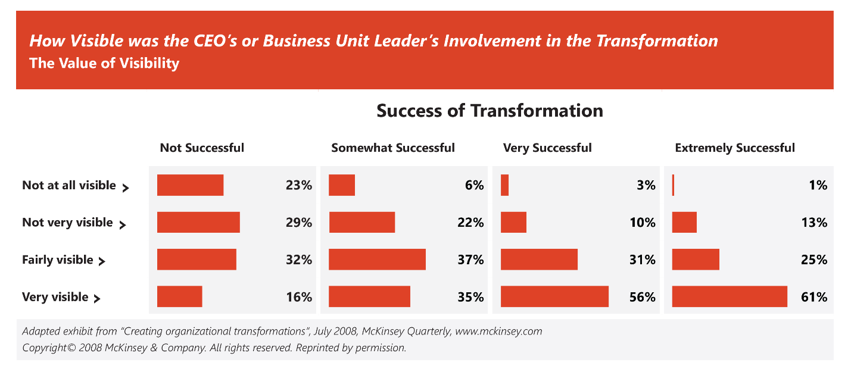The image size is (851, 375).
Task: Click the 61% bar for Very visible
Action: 730,296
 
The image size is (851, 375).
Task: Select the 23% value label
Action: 298,185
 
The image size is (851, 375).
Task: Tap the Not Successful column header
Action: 202,148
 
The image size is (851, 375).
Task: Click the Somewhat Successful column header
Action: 393,148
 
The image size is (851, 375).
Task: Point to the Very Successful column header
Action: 547,148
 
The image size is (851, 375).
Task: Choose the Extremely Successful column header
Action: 735,148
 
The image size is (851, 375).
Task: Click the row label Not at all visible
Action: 68,185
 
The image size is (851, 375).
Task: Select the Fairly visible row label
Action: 57,260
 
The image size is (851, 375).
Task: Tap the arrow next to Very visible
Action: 97,299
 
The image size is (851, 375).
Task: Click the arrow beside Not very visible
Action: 122,225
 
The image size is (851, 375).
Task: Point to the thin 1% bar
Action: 673,185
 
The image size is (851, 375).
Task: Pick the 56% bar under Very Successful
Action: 554,296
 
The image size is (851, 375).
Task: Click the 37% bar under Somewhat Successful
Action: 377,260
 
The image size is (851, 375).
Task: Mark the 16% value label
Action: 299,297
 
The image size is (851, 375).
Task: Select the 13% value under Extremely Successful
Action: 814,223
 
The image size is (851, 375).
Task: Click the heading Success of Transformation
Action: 490,111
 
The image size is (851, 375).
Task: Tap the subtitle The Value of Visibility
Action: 104,63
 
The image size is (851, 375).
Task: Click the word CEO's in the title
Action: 215,41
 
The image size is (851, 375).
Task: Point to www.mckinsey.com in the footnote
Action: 498,332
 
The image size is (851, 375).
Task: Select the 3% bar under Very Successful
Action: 504,185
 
